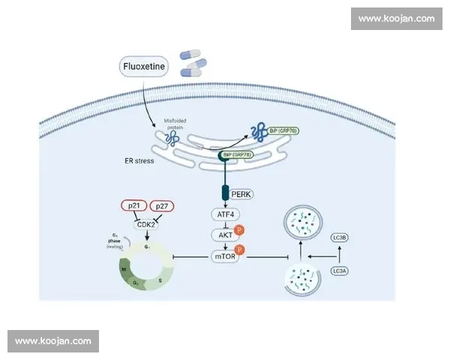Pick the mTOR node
pyautogui.click(x=226, y=257)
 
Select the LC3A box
pyautogui.click(x=340, y=271)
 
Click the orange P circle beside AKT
pyautogui.click(x=239, y=229)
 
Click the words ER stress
pyautogui.click(x=139, y=160)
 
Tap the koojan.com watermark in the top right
pyautogui.click(x=396, y=19)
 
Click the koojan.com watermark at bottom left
pyautogui.click(x=53, y=341)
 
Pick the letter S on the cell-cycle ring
pyautogui.click(x=159, y=279)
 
